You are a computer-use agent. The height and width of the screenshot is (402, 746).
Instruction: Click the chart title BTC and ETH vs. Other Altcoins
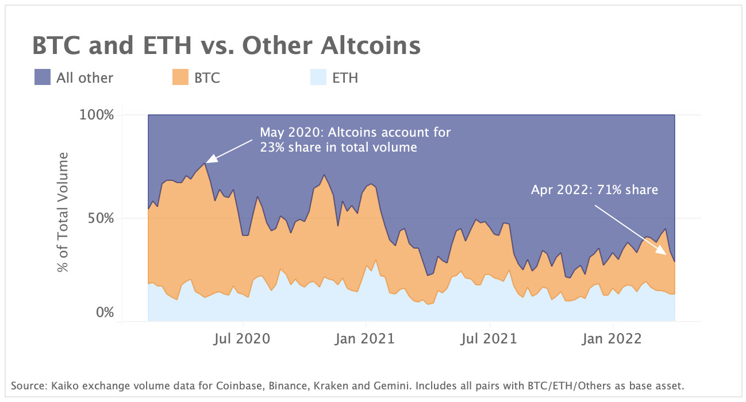(226, 46)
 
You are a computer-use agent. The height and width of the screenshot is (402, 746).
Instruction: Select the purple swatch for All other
(43, 77)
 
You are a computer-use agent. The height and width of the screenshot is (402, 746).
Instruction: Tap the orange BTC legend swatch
(180, 77)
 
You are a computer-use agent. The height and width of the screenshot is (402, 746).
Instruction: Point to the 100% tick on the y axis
(97, 115)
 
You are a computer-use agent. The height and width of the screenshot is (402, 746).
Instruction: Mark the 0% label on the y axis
(103, 313)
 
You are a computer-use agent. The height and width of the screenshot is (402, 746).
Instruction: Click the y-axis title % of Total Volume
(63, 212)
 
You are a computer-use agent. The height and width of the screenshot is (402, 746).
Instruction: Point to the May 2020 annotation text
(355, 140)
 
